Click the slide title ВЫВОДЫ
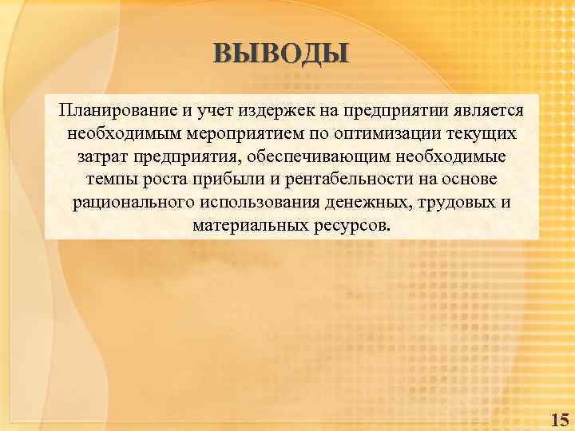pos(281,53)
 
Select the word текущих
pos(483,132)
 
